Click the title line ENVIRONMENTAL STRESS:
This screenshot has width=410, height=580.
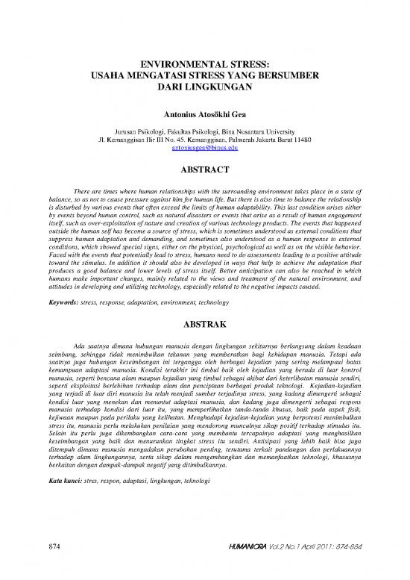pyautogui.click(x=204, y=65)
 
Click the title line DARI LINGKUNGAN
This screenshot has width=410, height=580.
pyautogui.click(x=204, y=87)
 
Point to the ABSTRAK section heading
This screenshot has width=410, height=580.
pyautogui.click(x=204, y=325)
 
